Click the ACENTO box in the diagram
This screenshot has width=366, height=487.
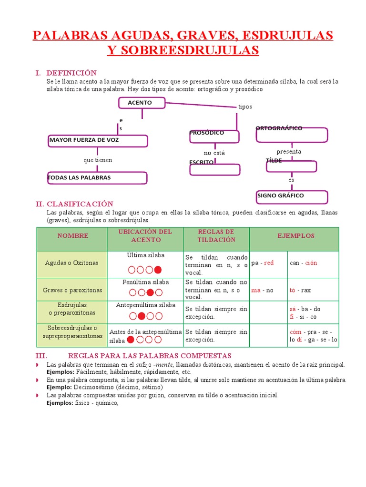[x=142, y=103]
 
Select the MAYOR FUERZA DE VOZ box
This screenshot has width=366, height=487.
[x=98, y=141]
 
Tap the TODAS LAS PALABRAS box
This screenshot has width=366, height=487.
[x=97, y=178]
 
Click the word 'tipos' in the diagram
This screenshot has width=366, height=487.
[x=245, y=107]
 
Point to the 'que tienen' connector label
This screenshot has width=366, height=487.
[x=98, y=160]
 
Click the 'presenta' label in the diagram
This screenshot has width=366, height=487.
[x=289, y=152]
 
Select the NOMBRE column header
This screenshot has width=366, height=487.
[x=73, y=236]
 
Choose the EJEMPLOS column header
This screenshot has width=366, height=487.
[x=296, y=236]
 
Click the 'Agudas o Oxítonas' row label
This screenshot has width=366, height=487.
[x=71, y=263]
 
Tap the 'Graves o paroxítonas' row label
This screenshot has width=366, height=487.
[x=72, y=290]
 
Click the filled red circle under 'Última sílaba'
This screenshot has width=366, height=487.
[x=158, y=270]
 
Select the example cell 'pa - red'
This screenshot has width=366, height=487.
[x=263, y=263]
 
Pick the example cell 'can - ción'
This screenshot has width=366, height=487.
[x=303, y=263]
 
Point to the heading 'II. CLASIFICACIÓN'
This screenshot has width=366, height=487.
[x=74, y=204]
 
